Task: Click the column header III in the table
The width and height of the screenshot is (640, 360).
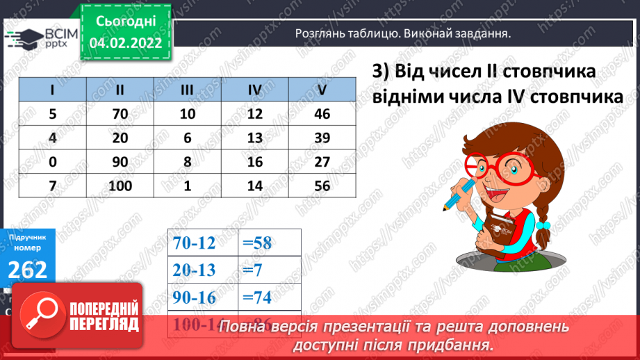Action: pos(187,90)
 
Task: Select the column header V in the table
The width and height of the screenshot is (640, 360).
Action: pos(321,90)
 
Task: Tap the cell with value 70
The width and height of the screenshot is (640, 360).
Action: pos(120,114)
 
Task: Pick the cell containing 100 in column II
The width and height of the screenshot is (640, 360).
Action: pos(120,186)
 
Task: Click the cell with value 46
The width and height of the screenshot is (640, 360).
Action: pos(321,114)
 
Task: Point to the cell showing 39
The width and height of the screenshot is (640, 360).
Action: pos(321,138)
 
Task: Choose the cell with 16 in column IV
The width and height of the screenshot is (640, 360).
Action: pos(254,162)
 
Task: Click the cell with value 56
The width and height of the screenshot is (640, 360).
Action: pos(321,186)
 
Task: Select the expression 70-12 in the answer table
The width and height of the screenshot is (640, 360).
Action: pos(197,243)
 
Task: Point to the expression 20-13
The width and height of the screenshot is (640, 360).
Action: pos(197,270)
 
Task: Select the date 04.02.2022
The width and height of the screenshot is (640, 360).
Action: pos(125,42)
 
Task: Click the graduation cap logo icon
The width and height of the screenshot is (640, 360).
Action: pos(23,36)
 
